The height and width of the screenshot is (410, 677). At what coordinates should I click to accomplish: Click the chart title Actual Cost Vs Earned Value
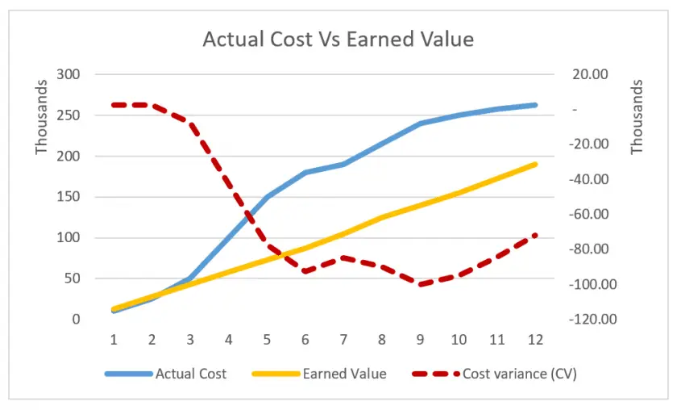pos(338,40)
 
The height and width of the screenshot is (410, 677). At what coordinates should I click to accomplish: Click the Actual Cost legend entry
pos(190,374)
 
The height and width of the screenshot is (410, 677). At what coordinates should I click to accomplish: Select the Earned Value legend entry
pos(344,374)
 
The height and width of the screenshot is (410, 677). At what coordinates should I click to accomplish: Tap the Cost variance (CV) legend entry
pos(519,374)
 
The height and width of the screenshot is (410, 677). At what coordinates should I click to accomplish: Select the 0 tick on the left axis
pos(76,320)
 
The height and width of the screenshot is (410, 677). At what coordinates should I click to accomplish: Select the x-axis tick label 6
pos(305,340)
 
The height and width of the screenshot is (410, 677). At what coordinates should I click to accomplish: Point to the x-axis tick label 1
pos(114,340)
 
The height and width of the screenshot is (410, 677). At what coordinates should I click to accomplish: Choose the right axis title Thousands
pos(637,117)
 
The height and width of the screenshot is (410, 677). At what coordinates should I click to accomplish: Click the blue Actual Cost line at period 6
pos(305,173)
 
